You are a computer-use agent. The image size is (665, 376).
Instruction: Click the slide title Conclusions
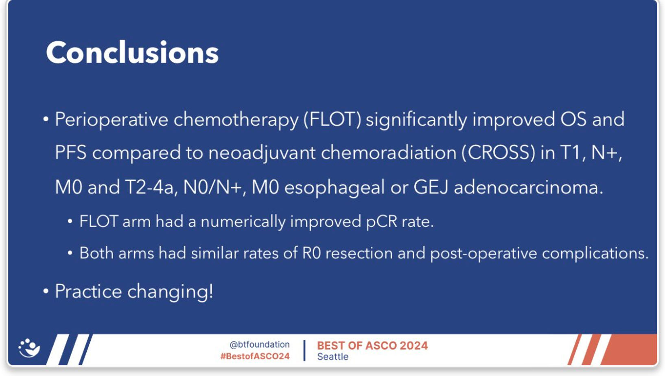coord(132,52)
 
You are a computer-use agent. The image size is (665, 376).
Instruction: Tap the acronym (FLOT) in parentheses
coord(332,120)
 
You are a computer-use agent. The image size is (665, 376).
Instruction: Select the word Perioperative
coord(112,120)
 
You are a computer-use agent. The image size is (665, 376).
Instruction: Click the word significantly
coord(416,120)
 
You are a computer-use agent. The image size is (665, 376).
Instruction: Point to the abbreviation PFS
coord(71,152)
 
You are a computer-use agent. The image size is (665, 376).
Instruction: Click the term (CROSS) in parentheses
coord(499,153)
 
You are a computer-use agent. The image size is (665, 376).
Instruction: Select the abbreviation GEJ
coord(431,187)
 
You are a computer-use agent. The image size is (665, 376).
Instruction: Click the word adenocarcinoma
coord(528,188)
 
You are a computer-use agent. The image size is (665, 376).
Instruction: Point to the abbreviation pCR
coord(381,222)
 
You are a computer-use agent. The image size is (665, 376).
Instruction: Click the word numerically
coord(243,222)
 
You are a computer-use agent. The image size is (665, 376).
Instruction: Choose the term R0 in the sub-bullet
coord(311,253)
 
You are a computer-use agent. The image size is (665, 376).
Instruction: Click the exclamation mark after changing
coord(211,291)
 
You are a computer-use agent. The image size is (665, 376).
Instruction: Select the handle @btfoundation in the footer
coord(260,344)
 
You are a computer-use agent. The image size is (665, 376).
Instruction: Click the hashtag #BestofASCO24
coord(255,356)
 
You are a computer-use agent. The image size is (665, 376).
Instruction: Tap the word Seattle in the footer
coord(333,356)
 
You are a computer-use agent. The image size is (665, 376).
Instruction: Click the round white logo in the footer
coord(29,348)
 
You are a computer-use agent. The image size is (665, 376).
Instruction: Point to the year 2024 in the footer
coord(413,346)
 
